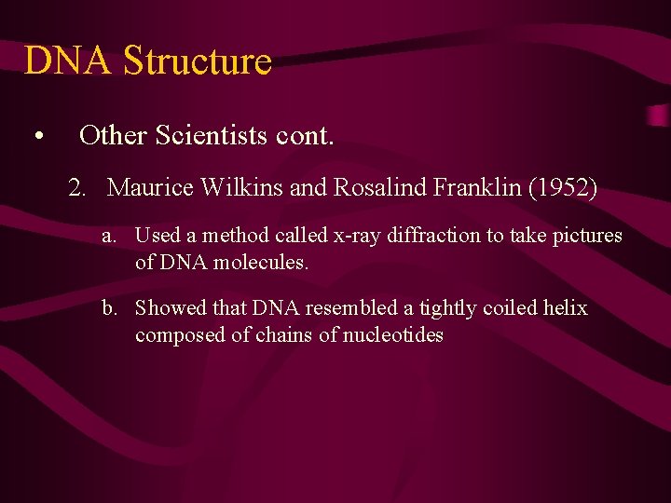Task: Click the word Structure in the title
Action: (x=197, y=61)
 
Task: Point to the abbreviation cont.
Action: (x=305, y=136)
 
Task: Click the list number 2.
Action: (x=77, y=188)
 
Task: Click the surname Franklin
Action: (x=477, y=188)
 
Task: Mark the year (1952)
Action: (x=563, y=188)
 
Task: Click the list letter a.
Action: (x=110, y=237)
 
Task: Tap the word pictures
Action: (x=588, y=237)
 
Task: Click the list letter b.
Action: (x=110, y=308)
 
